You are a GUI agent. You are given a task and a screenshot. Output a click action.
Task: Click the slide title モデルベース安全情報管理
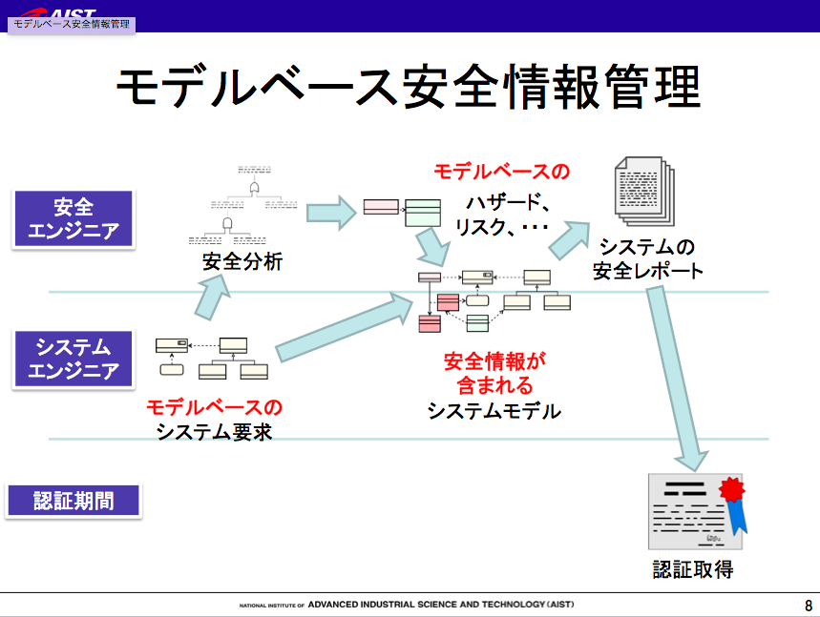409,88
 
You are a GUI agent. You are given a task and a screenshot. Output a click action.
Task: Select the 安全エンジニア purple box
73,218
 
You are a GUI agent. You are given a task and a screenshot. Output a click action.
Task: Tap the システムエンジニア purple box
73,359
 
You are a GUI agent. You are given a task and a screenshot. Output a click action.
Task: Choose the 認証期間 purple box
73,501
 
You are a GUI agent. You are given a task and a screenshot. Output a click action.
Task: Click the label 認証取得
693,569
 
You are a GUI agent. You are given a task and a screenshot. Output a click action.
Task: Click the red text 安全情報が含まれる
494,374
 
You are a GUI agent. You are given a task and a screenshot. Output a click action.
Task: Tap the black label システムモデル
494,411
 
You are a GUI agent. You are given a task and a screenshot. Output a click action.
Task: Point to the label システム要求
215,431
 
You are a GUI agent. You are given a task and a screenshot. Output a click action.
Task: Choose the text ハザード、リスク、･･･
501,216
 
